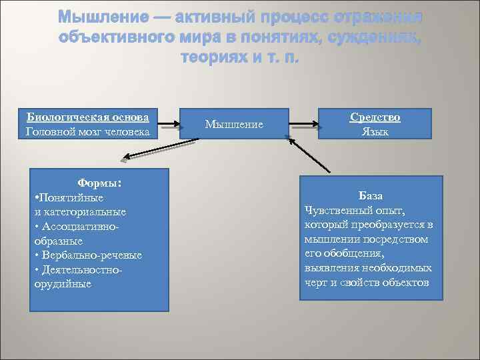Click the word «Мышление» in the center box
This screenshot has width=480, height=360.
[x=234, y=125]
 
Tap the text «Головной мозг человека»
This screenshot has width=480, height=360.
[x=88, y=131]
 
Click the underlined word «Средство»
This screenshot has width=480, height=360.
[x=375, y=117]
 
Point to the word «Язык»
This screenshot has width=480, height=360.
[x=375, y=131]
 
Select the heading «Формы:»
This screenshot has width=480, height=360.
[x=99, y=183]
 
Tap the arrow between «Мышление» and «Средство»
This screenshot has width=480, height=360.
[x=304, y=123]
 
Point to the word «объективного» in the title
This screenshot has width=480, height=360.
[x=111, y=37]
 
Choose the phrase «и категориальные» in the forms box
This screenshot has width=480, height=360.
[x=80, y=212]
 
